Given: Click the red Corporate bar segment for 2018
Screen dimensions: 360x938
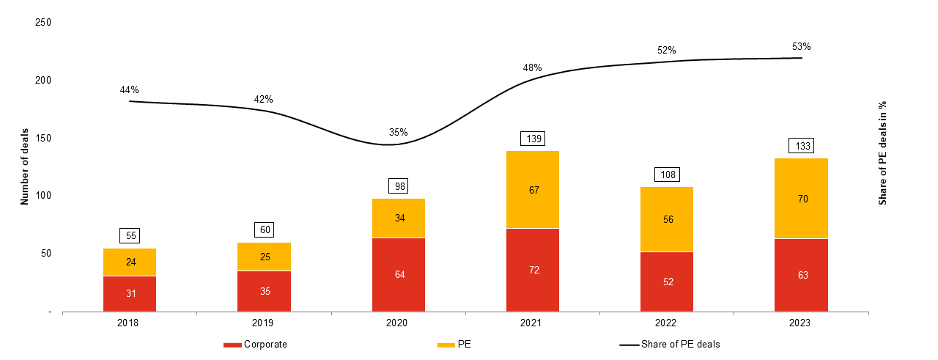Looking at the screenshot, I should click(130, 293).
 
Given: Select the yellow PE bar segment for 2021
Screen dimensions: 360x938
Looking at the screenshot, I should click(533, 190).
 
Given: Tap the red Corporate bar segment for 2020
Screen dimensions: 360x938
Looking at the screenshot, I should click(399, 275).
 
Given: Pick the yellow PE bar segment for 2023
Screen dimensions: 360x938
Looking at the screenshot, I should click(801, 199).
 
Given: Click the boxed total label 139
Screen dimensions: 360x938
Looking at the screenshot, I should click(533, 139).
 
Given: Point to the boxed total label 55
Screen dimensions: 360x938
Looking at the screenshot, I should click(130, 236).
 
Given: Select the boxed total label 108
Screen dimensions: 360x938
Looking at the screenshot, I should click(667, 175).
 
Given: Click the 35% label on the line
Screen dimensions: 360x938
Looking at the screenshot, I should click(399, 133).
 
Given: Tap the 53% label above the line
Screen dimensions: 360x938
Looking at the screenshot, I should click(801, 46).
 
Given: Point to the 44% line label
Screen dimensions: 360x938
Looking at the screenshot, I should click(130, 89).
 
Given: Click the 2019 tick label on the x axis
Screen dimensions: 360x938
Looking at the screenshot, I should click(264, 323).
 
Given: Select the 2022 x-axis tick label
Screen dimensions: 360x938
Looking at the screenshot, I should click(667, 323).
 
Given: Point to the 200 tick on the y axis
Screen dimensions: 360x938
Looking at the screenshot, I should click(43, 80).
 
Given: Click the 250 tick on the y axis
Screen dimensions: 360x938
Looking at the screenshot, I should click(43, 23).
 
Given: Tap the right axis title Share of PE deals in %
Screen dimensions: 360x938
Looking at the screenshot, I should click(883, 153).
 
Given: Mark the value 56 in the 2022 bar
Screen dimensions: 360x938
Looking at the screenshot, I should click(667, 219).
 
